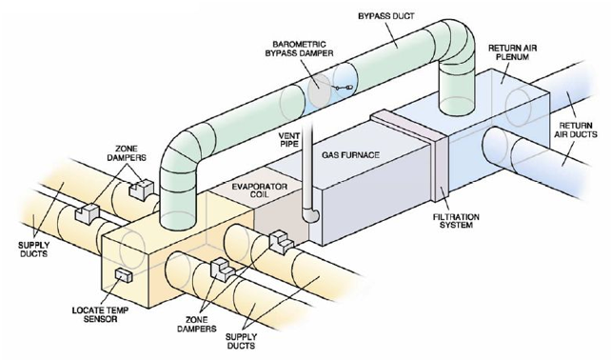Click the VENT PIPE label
(289, 141)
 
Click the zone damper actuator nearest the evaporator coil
(279, 242)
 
